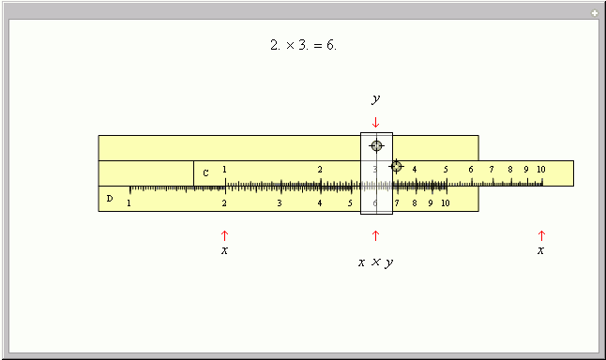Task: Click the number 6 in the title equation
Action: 331,45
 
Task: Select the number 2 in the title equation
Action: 275,45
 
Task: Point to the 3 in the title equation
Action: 303,45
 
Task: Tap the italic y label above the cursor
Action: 375,99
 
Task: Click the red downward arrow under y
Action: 375,123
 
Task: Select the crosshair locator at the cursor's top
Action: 376,145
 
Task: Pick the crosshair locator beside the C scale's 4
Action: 396,167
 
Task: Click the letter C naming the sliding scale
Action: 205,173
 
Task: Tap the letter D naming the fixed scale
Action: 110,199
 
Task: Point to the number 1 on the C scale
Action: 224,169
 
